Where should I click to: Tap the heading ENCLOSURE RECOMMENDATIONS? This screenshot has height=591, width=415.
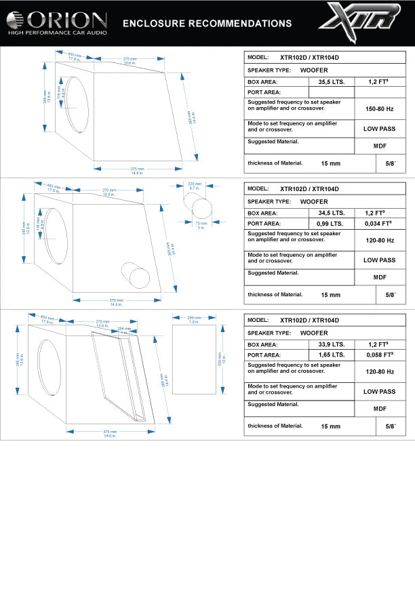(x=207, y=24)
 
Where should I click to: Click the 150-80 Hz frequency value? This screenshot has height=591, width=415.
(x=379, y=108)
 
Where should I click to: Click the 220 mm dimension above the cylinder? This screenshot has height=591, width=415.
(x=195, y=184)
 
